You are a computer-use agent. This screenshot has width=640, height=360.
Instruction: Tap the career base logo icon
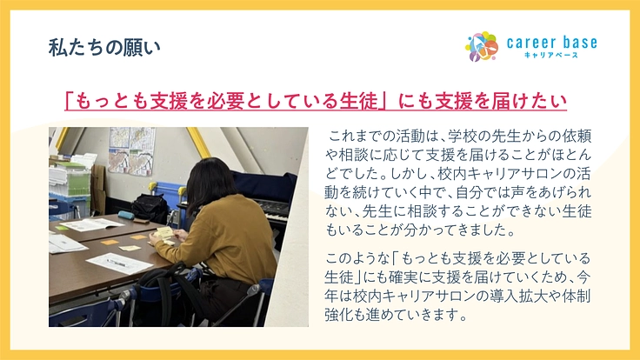[x=481, y=47]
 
